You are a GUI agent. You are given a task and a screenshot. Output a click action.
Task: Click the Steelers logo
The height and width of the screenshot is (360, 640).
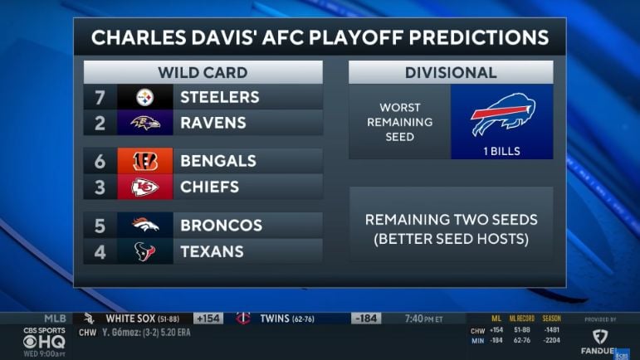145,97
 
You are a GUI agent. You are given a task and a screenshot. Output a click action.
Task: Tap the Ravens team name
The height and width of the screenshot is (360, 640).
213,123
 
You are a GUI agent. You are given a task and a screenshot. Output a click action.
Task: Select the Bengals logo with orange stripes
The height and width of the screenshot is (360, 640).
145,161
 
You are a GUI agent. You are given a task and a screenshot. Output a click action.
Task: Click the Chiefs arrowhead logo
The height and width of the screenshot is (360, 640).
145,187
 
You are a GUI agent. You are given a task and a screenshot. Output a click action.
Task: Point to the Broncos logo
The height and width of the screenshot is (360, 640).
145,226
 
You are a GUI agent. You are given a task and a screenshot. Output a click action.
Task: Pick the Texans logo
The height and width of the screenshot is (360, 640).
145,251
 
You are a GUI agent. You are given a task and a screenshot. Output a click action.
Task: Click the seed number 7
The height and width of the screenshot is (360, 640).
100,97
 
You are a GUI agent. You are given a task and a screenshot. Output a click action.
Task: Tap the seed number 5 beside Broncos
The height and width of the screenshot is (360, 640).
100,226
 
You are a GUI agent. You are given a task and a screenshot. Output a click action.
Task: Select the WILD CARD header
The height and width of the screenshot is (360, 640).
203,72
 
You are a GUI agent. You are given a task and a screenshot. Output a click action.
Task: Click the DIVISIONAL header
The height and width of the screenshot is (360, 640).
451,72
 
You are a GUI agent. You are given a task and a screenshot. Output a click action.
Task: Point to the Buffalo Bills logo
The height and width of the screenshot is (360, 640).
502,114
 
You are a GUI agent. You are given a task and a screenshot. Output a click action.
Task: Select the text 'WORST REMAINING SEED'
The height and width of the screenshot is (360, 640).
400,122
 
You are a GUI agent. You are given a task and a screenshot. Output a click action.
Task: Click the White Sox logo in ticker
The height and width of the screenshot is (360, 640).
89,318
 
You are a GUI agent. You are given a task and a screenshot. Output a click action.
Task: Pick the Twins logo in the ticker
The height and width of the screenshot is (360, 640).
242,318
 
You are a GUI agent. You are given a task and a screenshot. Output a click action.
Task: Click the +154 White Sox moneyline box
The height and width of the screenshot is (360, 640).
208,318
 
